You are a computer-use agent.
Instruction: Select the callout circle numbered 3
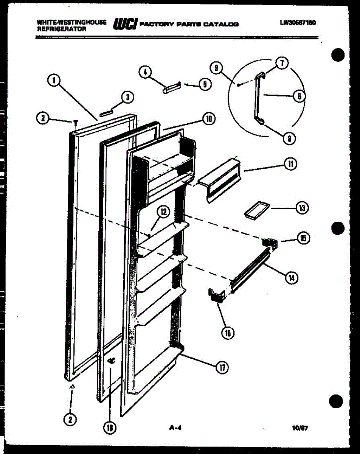[x=128, y=97]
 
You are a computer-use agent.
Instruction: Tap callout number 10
[x=208, y=119]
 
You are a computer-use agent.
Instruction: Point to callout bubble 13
[x=301, y=208]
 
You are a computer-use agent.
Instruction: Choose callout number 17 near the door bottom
[x=222, y=367]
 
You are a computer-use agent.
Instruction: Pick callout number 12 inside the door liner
[x=163, y=212]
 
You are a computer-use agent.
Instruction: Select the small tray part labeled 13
[x=256, y=210]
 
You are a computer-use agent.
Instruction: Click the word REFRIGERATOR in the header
[x=61, y=29]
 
